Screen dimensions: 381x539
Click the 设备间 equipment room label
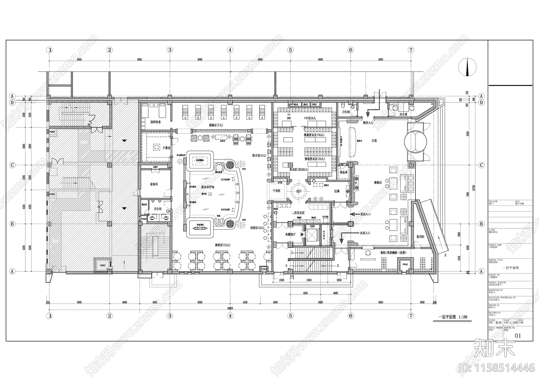point(154,184)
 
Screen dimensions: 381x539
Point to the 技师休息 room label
point(155,122)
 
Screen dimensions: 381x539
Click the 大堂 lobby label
point(374,140)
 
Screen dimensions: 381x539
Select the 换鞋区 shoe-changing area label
point(378,182)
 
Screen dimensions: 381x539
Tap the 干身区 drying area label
point(276,191)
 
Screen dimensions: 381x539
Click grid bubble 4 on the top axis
point(230,50)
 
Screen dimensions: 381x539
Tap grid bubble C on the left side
point(12,165)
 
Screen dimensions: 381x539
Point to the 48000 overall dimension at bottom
point(230,308)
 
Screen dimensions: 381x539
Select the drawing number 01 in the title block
point(518,336)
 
